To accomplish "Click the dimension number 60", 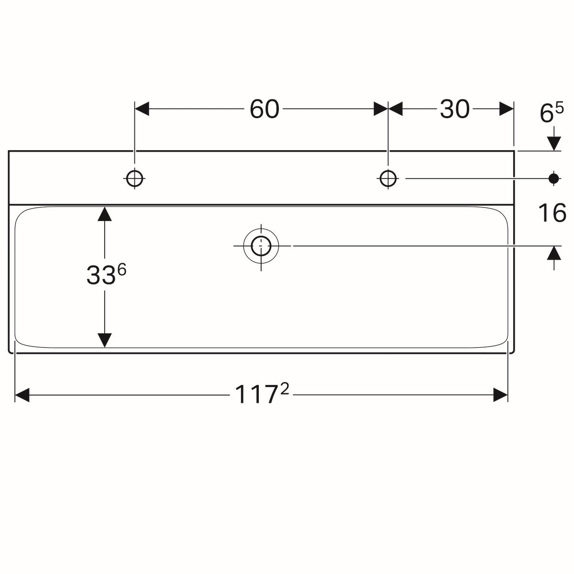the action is point(264,110).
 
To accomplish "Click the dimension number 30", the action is point(454,110).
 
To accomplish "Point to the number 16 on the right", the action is point(552,213).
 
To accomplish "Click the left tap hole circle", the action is point(134,179).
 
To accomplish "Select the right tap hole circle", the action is point(388,179).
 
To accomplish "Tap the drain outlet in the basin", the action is point(261,246).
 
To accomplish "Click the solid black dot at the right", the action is point(554,179).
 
